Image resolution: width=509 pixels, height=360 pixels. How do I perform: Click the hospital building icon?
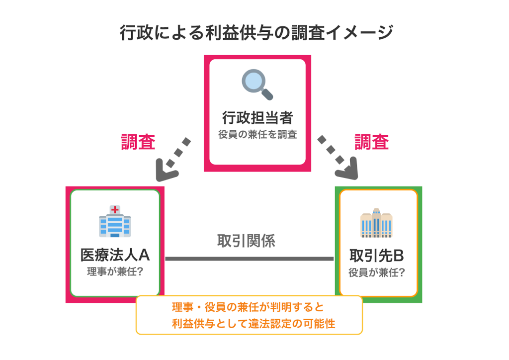click(x=115, y=221)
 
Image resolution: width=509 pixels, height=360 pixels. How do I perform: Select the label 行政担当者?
click(x=257, y=118)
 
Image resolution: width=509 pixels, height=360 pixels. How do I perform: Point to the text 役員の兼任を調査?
click(x=257, y=134)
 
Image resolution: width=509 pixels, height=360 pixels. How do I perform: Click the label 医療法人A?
click(x=115, y=255)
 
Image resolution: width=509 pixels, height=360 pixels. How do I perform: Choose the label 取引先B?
click(x=376, y=256)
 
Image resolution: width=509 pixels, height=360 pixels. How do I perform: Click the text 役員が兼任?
click(x=376, y=272)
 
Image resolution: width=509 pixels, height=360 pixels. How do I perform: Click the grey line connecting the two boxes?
click(x=249, y=259)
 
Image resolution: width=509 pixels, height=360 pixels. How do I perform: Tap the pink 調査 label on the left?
click(x=138, y=142)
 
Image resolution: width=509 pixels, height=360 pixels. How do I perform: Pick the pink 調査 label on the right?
click(x=371, y=142)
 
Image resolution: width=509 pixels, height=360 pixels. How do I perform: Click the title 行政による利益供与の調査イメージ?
click(x=256, y=33)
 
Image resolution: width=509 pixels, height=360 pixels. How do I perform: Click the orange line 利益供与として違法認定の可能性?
click(x=254, y=324)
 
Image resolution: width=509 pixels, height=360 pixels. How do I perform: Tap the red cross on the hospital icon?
click(x=115, y=209)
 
